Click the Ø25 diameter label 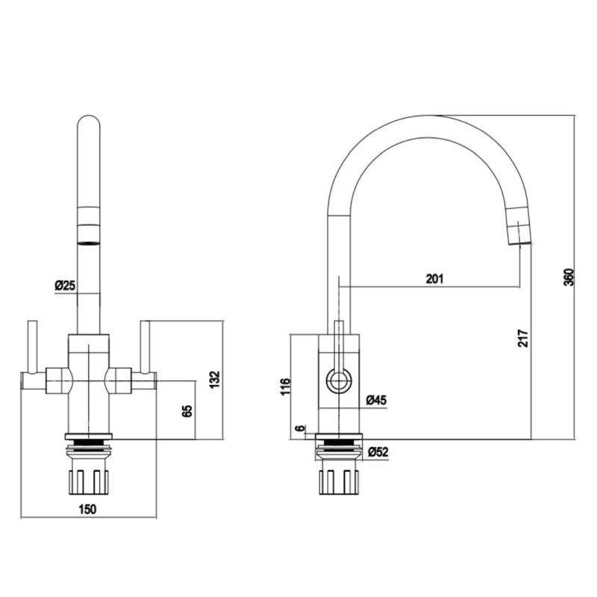(65, 285)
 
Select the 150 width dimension (87, 509)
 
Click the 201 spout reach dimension (434, 279)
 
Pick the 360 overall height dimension (568, 277)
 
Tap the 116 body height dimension (286, 387)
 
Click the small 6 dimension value (301, 428)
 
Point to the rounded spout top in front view (89, 123)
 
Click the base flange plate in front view (89, 436)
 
